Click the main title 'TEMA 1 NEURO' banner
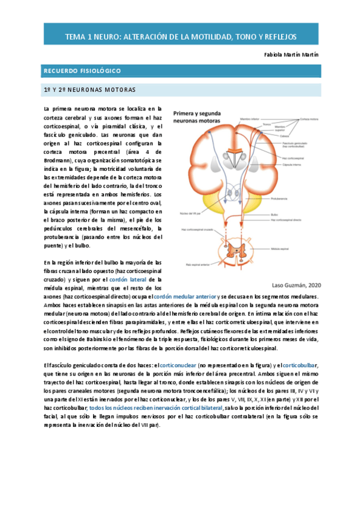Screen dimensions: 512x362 [x=181, y=37]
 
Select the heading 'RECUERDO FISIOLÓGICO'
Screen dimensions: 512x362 [x=82, y=72]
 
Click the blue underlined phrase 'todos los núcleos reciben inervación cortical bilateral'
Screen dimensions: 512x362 [x=156, y=409]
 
